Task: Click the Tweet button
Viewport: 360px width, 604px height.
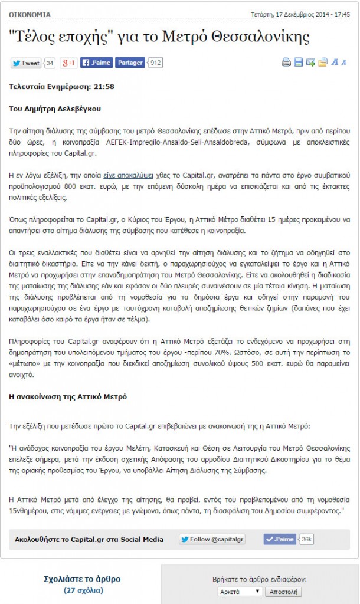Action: point(26,63)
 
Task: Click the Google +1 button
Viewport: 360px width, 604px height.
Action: point(69,63)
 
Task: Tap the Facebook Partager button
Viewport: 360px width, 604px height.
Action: point(130,63)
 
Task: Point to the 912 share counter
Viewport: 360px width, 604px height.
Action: point(156,63)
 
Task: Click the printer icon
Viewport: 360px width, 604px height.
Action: point(286,63)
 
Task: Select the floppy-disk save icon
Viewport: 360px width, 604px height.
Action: point(299,63)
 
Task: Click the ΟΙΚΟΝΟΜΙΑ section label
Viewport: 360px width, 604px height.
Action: point(30,14)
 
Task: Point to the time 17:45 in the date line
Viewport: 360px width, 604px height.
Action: point(342,14)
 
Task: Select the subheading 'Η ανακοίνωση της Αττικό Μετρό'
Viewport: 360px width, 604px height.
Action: point(68,396)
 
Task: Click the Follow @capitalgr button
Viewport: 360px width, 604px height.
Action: point(212,539)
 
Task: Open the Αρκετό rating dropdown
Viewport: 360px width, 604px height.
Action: point(240,592)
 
